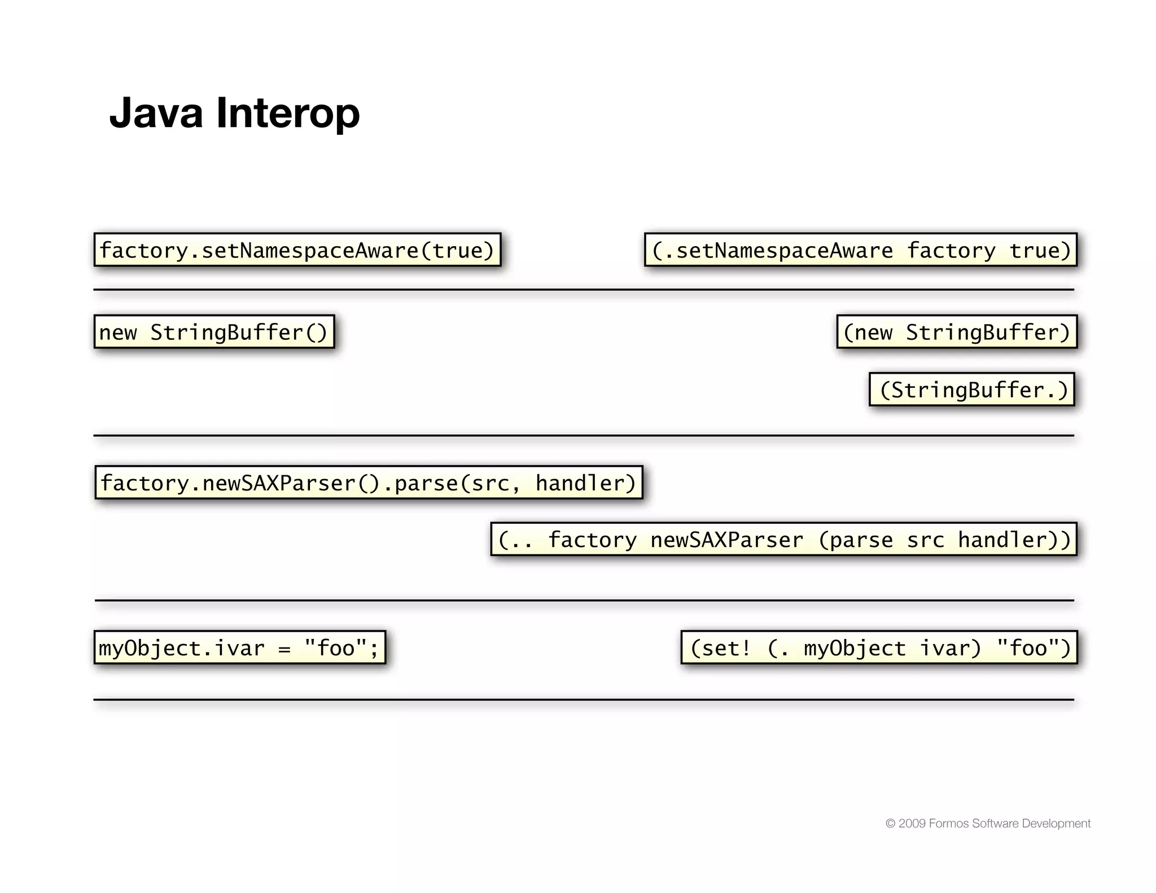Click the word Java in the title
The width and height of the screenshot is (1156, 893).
point(156,113)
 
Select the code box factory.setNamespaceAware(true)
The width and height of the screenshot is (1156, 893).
point(297,250)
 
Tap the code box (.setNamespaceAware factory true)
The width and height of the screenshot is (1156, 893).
point(861,250)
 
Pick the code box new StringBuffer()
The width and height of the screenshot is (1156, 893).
point(214,332)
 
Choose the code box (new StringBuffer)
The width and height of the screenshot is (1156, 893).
point(957,332)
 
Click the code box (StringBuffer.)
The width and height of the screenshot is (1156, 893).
point(971,389)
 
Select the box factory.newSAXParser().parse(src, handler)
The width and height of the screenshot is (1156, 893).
point(369,483)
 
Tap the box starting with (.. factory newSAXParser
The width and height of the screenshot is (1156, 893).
point(784,540)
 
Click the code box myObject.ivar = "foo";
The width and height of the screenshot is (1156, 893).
point(240,647)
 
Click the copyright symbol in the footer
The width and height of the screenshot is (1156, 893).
point(890,824)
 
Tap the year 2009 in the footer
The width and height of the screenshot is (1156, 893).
point(912,824)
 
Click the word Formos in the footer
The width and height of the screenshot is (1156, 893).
point(949,824)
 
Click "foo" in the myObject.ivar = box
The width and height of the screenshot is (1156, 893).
point(336,648)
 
